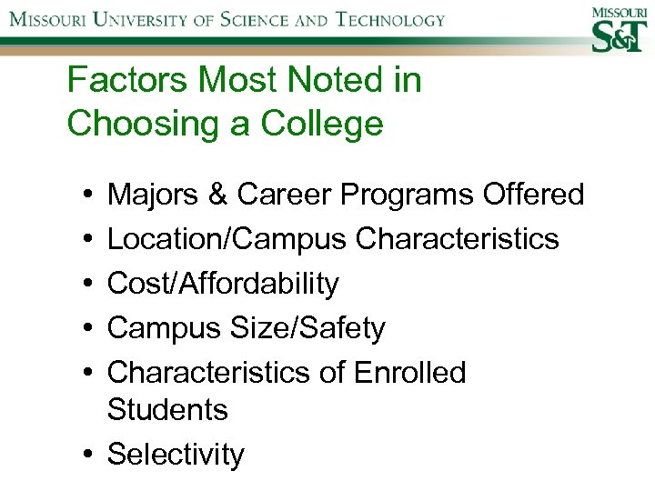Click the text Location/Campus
(x=227, y=239)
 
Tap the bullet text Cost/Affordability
(x=223, y=284)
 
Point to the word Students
(x=167, y=410)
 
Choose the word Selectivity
(x=176, y=455)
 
